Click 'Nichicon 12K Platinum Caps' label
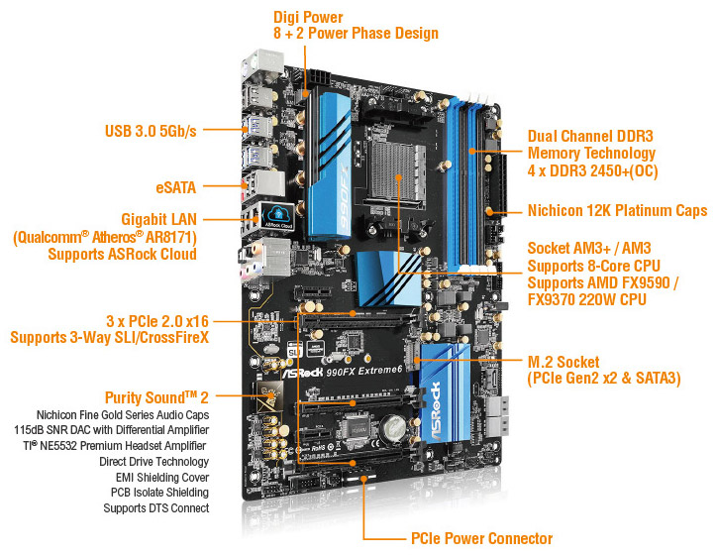(616, 210)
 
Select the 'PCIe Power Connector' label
(481, 538)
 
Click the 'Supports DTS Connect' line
(156, 508)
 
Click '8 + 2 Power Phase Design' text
(356, 34)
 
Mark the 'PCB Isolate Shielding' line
(159, 493)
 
